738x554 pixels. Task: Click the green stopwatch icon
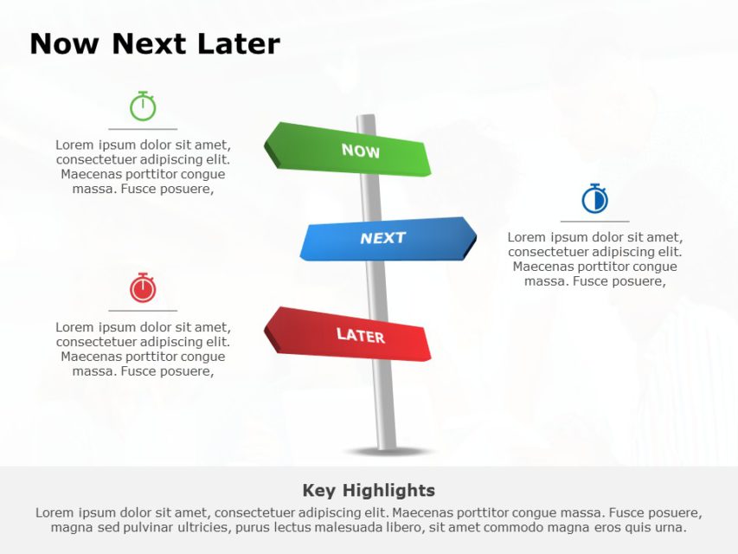tap(143, 107)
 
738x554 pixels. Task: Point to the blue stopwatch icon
tap(594, 199)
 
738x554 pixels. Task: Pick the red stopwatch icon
tap(143, 287)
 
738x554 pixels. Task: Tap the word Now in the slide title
tap(66, 44)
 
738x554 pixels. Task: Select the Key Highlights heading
tap(369, 491)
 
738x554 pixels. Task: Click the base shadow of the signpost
tap(387, 451)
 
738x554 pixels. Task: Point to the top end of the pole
tap(366, 118)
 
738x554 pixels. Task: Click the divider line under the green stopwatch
tap(143, 129)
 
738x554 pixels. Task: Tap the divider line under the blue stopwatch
tap(594, 222)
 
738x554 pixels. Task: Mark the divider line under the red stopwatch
tap(143, 310)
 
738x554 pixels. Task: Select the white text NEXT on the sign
tap(382, 238)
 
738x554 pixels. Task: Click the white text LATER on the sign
tap(360, 335)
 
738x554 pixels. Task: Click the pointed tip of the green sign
tap(266, 138)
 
